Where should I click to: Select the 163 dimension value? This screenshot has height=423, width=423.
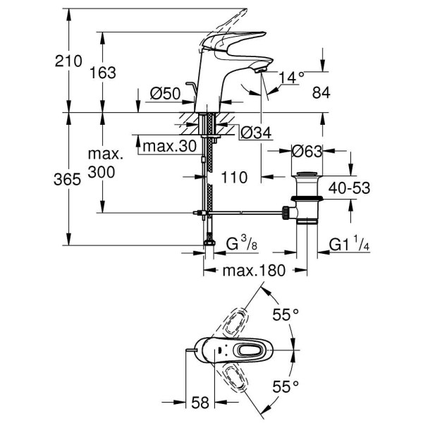click(x=102, y=72)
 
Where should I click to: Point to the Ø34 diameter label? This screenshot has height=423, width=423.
click(x=255, y=132)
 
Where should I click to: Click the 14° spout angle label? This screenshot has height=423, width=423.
click(x=291, y=77)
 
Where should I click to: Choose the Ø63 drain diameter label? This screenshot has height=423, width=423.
click(x=307, y=151)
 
